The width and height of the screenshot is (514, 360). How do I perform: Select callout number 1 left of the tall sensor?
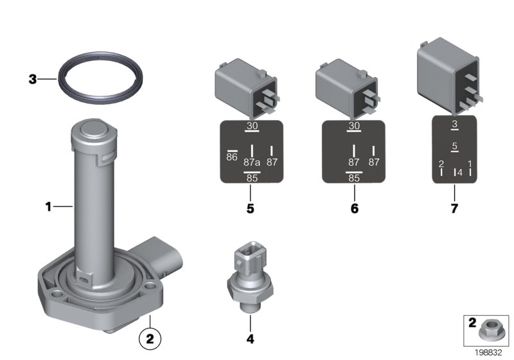tap(48, 206)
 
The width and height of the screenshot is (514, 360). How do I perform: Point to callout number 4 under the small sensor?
tap(250, 338)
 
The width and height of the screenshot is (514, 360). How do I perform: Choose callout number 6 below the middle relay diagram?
tap(353, 208)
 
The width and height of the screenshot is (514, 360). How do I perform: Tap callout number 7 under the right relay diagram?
tap(454, 208)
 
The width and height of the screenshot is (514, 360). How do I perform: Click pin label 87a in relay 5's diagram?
tap(252, 163)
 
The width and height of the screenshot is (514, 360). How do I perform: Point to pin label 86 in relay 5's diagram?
tap(232, 157)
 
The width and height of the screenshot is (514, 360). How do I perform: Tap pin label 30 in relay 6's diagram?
tap(353, 127)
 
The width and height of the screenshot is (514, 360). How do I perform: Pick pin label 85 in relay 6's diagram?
tap(353, 179)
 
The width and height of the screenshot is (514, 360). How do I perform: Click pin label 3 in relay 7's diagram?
tap(454, 124)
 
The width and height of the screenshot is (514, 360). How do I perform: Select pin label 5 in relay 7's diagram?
tap(454, 147)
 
